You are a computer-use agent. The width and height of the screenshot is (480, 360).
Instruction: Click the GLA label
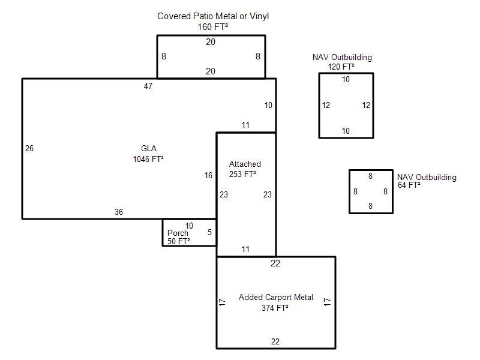[x=148, y=148]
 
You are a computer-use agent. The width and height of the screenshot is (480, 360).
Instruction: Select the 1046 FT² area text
[x=148, y=159]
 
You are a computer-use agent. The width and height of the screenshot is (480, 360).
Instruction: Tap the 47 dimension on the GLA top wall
[x=148, y=86]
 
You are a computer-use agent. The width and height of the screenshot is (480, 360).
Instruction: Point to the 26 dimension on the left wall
[x=29, y=148]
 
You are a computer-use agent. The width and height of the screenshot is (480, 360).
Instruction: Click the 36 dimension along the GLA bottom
[x=119, y=212]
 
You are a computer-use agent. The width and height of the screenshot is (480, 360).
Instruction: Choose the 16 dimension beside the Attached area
[x=208, y=175]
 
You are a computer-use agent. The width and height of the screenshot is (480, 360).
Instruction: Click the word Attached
[x=245, y=164]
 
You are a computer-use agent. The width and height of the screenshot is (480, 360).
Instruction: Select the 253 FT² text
[x=242, y=174]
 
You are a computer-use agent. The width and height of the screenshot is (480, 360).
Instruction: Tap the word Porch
[x=178, y=233]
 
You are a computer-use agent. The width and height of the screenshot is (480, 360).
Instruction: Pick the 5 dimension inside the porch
[x=209, y=232]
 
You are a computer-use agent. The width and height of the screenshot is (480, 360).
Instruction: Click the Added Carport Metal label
[x=276, y=297]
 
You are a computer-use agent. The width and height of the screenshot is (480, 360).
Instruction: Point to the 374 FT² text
[x=275, y=308]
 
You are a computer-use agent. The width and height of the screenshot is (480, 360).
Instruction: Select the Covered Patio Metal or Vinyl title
[x=213, y=16]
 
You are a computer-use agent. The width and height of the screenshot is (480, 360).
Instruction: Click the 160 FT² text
[x=213, y=27]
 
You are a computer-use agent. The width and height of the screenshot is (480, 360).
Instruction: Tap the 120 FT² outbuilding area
[x=341, y=67]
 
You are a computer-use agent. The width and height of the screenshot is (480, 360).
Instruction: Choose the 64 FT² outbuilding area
[x=409, y=185]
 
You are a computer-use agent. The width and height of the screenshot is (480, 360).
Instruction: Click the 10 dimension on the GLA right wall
[x=268, y=106]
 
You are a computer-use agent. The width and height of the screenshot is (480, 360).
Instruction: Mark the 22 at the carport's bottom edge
[x=275, y=341]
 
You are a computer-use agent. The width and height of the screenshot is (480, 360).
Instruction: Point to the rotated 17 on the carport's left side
[x=223, y=302]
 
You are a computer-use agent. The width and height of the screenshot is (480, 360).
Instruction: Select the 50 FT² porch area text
[x=178, y=241]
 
